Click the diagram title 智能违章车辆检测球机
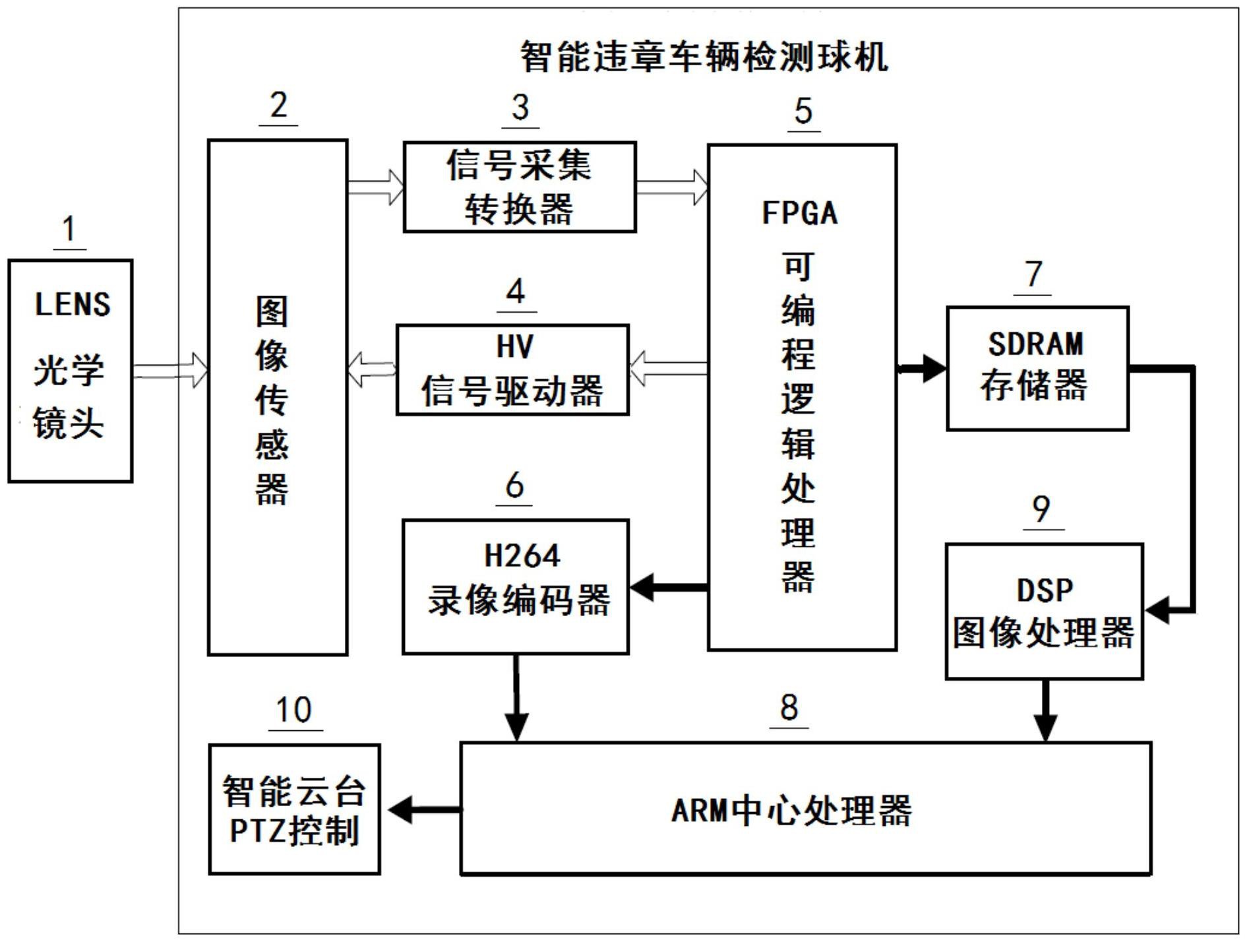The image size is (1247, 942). pos(704,57)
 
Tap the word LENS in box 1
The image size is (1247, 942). pos(73,304)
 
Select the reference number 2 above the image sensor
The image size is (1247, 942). pos(278,106)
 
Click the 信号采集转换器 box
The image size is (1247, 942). pos(519,187)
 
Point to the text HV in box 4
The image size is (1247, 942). pos(514,346)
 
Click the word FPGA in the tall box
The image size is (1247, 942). pos(799,213)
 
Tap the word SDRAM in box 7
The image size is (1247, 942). pos(1035,344)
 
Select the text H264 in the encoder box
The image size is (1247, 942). pos(521,555)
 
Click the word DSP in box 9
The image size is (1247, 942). pos(1044,590)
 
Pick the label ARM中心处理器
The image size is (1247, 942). pos(791,811)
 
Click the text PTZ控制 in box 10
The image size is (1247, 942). pos(294,831)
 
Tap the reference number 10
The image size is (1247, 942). pos(293,710)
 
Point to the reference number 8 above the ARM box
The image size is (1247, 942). pos(789,708)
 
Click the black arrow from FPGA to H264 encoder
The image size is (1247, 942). pos(666,586)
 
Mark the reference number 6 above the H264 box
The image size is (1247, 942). pos(514,486)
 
